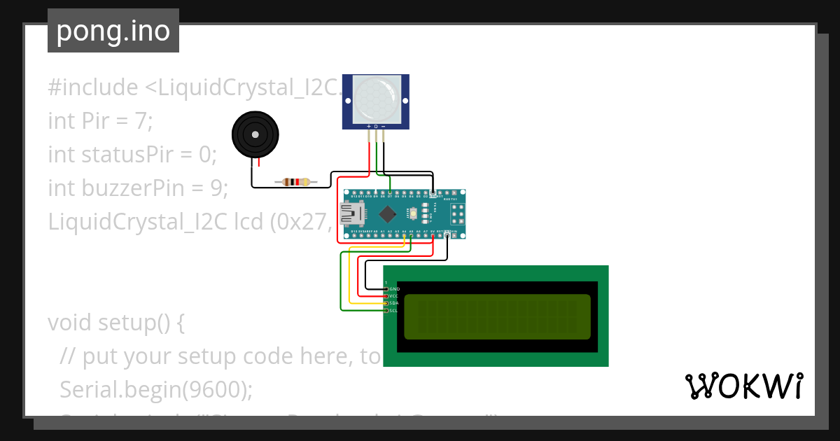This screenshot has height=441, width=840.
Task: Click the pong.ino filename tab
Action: (x=113, y=31)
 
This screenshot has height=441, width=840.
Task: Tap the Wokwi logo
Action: (x=743, y=386)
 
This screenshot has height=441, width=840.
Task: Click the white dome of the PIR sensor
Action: (x=376, y=97)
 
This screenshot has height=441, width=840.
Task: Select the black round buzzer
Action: (x=255, y=135)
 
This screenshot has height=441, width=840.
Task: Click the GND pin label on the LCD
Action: (x=394, y=288)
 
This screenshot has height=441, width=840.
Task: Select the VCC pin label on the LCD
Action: (x=394, y=296)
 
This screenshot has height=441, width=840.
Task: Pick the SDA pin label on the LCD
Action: (x=394, y=303)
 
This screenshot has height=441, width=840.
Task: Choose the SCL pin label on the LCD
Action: (x=394, y=310)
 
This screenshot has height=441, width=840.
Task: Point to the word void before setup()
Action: (x=70, y=323)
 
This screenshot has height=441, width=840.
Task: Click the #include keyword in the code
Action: (x=92, y=87)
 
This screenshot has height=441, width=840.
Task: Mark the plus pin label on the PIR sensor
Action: (x=369, y=126)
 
